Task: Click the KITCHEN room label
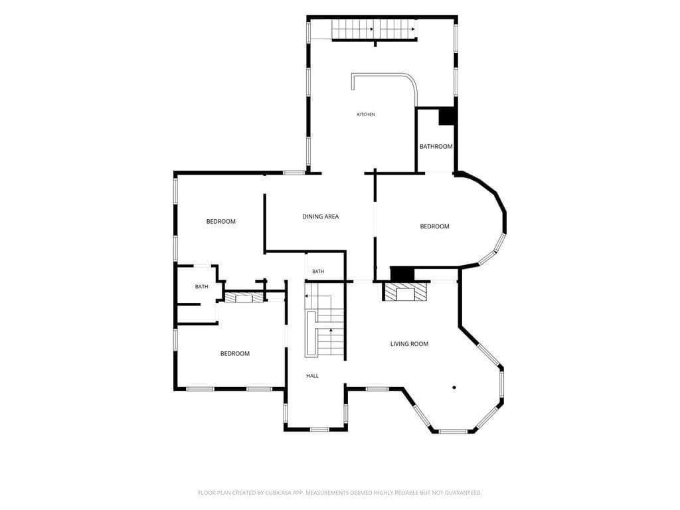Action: [x=366, y=114]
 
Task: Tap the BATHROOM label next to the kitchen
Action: [x=436, y=147]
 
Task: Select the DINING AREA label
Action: [x=321, y=216]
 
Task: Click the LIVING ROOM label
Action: [x=409, y=344]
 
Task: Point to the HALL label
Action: [x=312, y=376]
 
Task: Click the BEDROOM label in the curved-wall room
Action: [x=434, y=226]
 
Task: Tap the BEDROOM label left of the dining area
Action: [x=220, y=222]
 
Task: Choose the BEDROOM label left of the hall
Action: [x=235, y=354]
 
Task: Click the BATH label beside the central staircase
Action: [x=318, y=272]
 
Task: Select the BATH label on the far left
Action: [x=202, y=287]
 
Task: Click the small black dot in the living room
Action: [x=454, y=387]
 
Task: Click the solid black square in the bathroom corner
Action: [x=446, y=116]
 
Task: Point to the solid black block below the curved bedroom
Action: [x=402, y=274]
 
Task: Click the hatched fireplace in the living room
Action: [x=406, y=292]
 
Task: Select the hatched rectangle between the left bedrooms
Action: [x=244, y=297]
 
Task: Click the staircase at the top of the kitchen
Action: [x=374, y=29]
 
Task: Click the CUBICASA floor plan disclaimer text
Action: [x=339, y=493]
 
